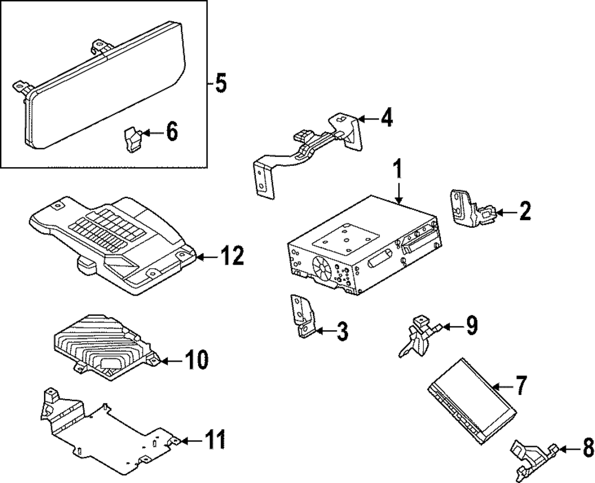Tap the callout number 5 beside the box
(x=220, y=84)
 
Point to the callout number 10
(x=196, y=359)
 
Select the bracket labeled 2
(x=467, y=209)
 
